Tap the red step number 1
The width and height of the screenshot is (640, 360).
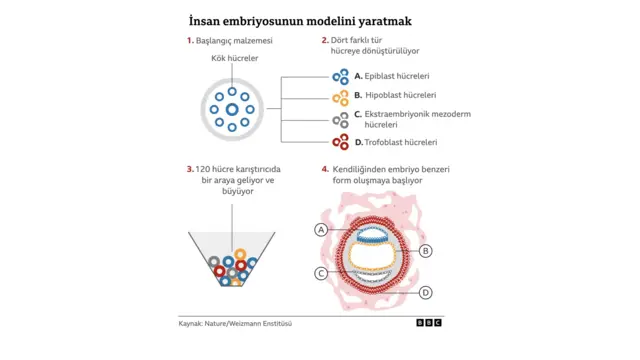click(x=189, y=41)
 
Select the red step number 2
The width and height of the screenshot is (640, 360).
click(x=324, y=41)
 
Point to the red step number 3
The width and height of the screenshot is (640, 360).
click(x=189, y=169)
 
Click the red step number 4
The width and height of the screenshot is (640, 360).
click(x=324, y=169)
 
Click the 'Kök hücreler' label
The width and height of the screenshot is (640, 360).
click(x=234, y=59)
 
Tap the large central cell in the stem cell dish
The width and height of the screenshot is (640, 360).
click(x=232, y=109)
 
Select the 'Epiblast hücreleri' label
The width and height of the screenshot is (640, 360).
click(x=397, y=76)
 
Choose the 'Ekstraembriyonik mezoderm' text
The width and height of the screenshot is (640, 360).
click(x=418, y=114)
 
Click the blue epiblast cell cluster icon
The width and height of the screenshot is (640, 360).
click(x=340, y=76)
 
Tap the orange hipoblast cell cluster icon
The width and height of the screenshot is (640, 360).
click(x=340, y=97)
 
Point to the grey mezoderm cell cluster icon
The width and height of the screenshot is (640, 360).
click(x=340, y=119)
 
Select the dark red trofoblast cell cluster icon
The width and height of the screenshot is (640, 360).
click(x=340, y=142)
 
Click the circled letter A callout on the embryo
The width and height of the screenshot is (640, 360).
click(x=321, y=230)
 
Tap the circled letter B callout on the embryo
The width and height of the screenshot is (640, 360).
click(x=426, y=251)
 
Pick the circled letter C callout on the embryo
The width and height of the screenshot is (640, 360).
click(x=321, y=273)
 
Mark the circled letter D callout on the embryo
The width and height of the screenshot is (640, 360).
click(x=426, y=293)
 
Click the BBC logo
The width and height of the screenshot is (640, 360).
click(x=429, y=323)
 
